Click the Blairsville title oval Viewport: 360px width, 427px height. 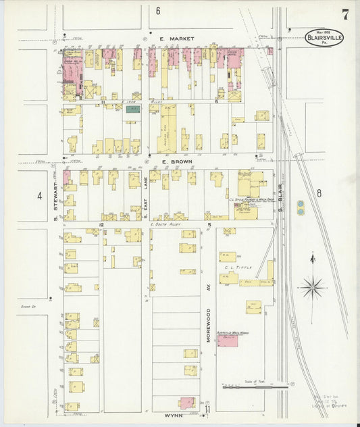pos(325,37)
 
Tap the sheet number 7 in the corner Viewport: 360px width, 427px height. pos(345,14)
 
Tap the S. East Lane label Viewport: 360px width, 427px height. pos(145,197)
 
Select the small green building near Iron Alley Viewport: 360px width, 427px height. pos(132,108)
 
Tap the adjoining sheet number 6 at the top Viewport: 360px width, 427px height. pos(158,11)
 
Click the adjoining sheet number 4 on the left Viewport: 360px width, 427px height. pos(40,196)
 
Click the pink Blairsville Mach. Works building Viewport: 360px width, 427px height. pos(228,339)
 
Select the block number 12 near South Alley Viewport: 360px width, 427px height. pos(101,224)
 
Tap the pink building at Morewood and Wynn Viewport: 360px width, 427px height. pos(187,403)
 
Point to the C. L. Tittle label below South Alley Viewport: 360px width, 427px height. pos(238,268)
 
